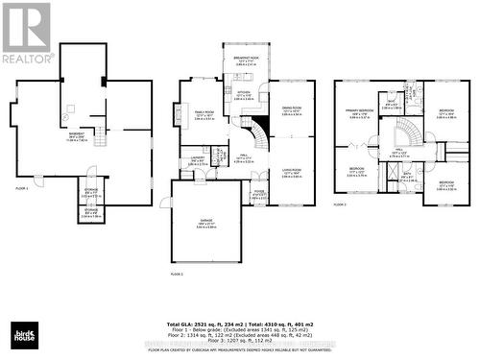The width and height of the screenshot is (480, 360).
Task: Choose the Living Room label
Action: click(292, 174)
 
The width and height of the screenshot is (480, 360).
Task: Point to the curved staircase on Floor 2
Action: click(254, 130)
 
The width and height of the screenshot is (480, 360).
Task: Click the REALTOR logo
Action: click(27, 33)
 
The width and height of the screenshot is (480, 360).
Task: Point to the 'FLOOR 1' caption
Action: click(21, 188)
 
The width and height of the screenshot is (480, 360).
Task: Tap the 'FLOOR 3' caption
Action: click(340, 204)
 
